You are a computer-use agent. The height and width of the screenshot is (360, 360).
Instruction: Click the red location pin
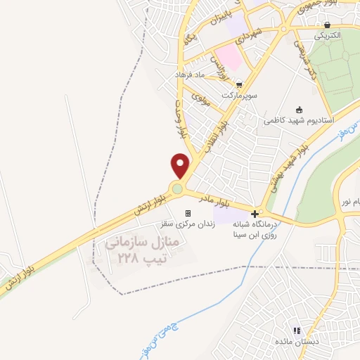181,165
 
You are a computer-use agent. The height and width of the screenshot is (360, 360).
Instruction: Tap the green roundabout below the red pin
178,188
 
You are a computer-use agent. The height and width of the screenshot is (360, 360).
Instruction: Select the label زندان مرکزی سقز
188,223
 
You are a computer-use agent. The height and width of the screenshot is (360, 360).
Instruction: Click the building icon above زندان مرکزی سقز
188,213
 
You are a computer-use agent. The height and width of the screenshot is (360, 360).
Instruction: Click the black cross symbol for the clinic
255,213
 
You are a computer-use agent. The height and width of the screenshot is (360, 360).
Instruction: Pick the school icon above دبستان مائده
297,330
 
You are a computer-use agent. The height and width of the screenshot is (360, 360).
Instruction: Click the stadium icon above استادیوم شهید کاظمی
299,109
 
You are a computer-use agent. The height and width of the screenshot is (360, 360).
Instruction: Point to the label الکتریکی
327,35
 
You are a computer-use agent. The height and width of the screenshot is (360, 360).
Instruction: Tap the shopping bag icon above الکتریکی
328,24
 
